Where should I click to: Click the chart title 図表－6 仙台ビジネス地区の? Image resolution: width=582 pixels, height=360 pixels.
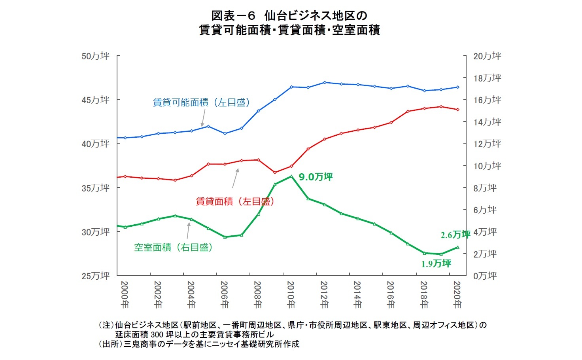[289, 15]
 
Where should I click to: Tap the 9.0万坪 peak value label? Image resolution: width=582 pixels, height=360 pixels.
[316, 177]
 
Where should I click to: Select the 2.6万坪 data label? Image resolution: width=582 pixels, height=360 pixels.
[455, 235]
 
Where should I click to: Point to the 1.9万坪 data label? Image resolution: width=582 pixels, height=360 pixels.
[436, 264]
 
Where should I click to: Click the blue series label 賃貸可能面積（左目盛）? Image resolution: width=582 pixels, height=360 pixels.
[202, 102]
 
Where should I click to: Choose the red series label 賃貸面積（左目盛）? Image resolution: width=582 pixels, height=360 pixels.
[235, 201]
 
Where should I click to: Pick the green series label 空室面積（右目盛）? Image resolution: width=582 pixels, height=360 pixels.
[174, 248]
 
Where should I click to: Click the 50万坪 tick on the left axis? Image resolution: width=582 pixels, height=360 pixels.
[95, 56]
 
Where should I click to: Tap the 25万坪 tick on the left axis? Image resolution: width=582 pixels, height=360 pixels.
[95, 276]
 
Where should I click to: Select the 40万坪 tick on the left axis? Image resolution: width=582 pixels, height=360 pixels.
[95, 144]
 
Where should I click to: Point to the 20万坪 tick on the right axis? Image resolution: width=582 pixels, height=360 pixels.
[487, 56]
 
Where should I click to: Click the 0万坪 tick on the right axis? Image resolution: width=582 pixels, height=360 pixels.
[485, 276]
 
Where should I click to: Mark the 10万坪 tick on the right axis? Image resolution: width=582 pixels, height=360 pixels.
[487, 166]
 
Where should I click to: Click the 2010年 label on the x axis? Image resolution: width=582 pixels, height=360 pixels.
[291, 295]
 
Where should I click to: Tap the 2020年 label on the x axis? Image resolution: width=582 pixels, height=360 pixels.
[457, 295]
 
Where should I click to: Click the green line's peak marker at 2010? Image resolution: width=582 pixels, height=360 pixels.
[291, 176]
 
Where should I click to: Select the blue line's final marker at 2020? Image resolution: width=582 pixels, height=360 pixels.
[458, 87]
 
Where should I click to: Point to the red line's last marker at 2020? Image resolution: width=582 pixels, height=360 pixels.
[458, 110]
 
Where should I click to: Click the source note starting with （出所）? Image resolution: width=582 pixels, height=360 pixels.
[199, 344]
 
